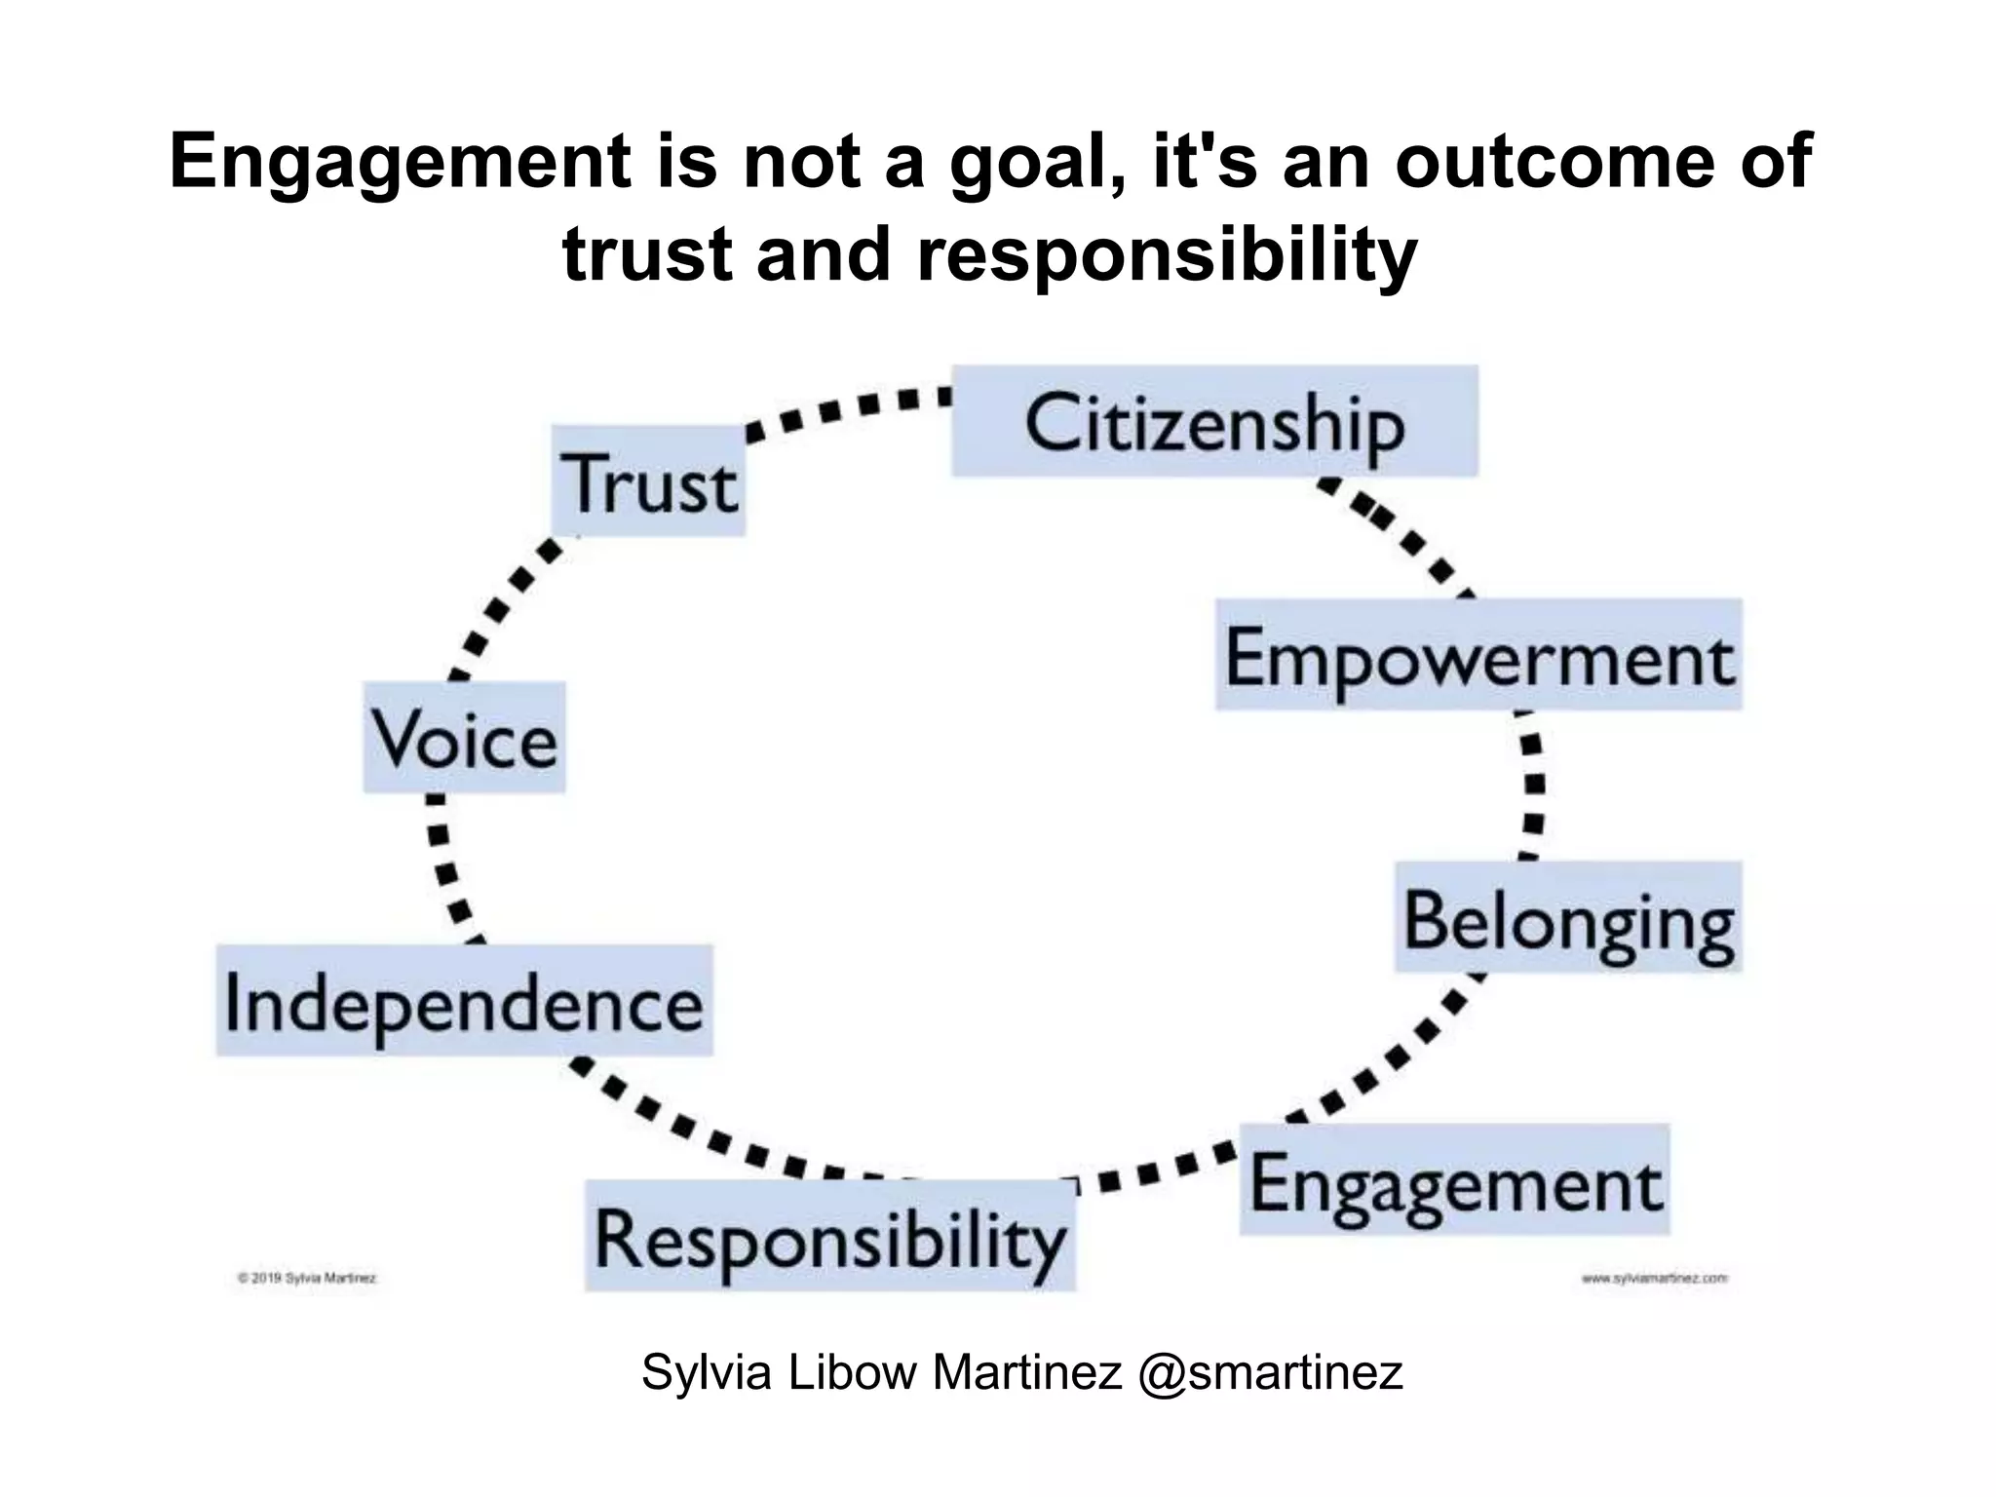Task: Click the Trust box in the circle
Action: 649,481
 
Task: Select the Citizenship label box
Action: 1214,422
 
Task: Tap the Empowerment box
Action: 1478,655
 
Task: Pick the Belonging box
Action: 1568,917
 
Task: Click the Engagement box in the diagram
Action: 1454,1180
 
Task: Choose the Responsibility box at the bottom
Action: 830,1236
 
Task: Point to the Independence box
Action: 464,1001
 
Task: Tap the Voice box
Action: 465,738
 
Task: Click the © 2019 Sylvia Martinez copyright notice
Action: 307,1277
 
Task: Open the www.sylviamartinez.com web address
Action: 1655,1277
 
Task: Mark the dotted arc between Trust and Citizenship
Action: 848,408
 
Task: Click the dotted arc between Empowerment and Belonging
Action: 1532,785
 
